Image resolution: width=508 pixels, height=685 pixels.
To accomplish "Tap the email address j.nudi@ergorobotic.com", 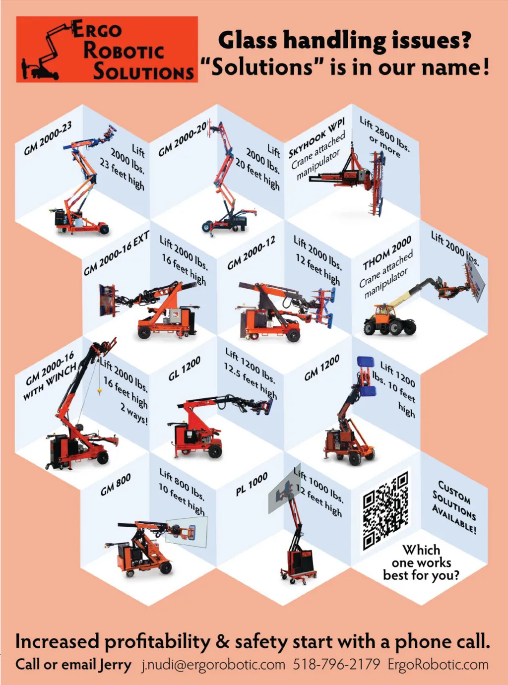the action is [213, 665].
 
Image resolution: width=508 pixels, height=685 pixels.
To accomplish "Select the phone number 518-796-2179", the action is [336, 664].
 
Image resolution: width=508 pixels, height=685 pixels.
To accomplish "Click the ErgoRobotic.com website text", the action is [438, 665].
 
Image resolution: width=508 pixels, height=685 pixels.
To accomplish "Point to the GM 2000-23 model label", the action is [48, 138].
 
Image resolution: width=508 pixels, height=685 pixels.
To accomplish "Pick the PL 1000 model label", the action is [252, 484].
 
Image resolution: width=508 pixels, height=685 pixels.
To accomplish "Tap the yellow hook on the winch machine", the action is [99, 391].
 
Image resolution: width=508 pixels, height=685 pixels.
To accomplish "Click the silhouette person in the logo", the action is [24, 68].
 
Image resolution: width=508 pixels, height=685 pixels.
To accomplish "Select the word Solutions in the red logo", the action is [143, 72].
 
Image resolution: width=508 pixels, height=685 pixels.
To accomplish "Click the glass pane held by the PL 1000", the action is [285, 489].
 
